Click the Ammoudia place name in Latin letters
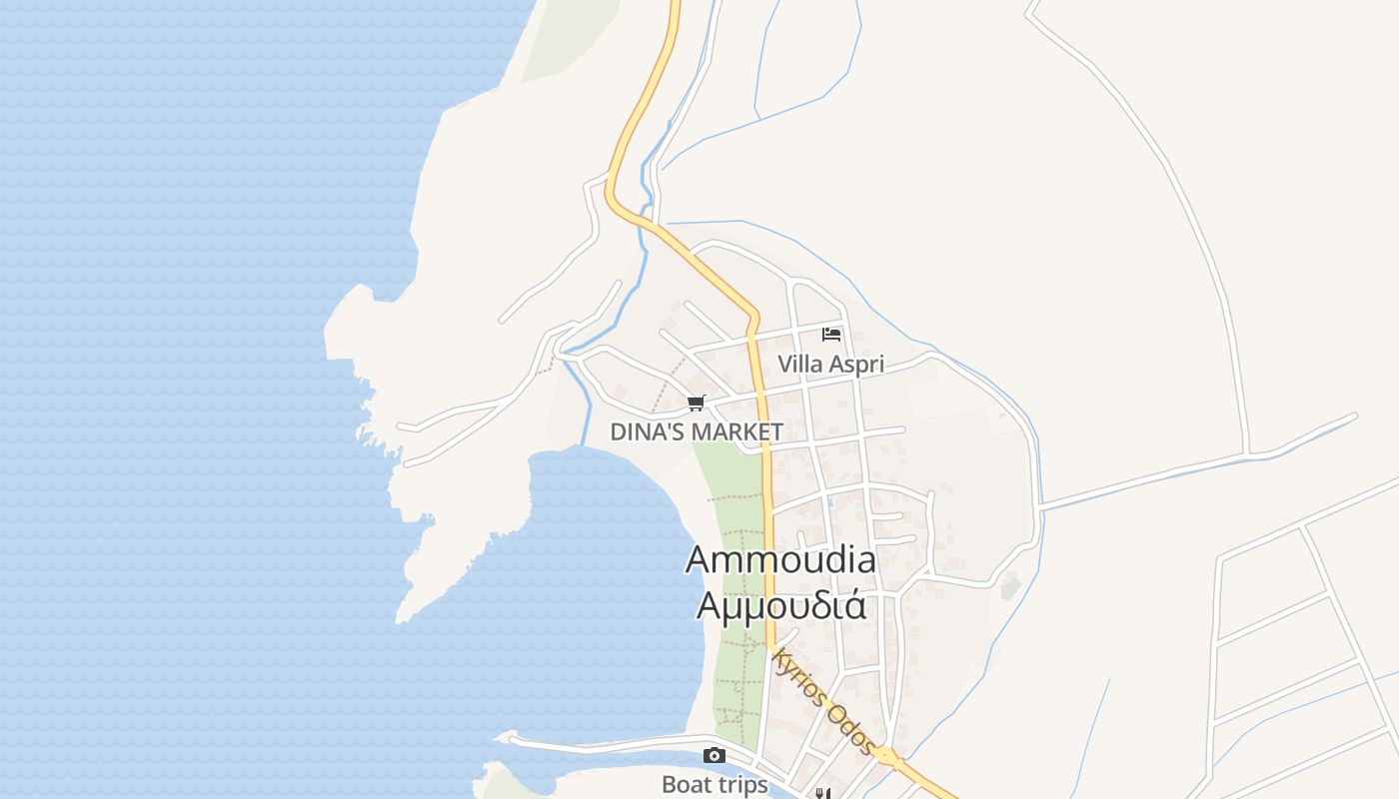[x=780, y=559]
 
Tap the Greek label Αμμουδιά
[x=780, y=604]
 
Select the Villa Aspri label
[x=830, y=365]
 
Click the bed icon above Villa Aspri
[x=830, y=334]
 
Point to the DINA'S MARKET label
[x=697, y=432]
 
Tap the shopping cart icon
[x=696, y=402]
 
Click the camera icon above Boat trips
[x=713, y=755]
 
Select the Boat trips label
[x=714, y=785]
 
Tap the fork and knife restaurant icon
[x=822, y=794]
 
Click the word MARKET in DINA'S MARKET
[x=737, y=432]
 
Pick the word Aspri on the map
[x=856, y=365]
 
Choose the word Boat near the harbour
[x=688, y=785]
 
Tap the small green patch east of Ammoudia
[x=1011, y=586]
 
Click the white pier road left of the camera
[x=600, y=744]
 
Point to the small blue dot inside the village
[x=829, y=502]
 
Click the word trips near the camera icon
[x=743, y=785]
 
